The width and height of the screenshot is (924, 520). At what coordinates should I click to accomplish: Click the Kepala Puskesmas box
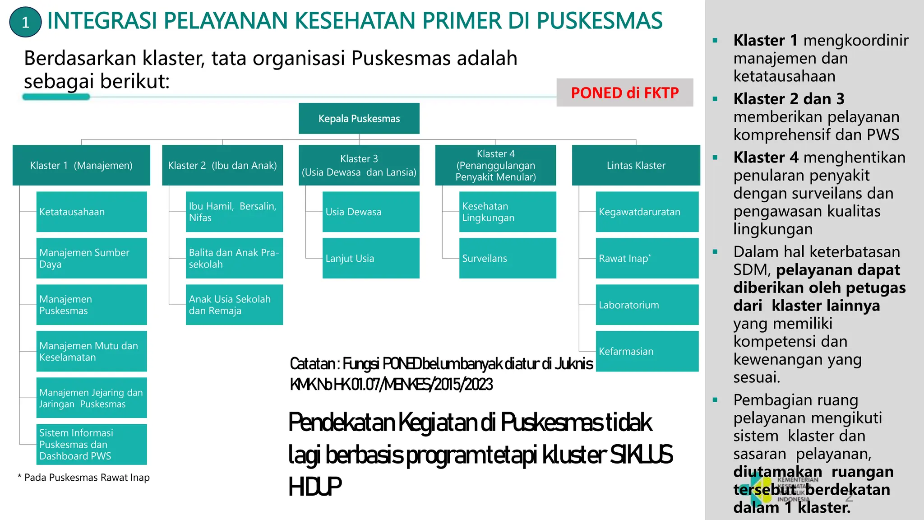(359, 118)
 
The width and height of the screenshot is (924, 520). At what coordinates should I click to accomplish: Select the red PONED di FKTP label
(624, 93)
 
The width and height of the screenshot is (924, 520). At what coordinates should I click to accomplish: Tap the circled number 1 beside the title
(25, 22)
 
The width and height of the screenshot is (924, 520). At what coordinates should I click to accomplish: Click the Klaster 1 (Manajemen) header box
(81, 165)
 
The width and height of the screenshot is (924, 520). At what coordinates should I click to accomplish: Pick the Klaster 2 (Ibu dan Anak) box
(222, 165)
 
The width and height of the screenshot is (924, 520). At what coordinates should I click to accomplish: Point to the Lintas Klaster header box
(636, 165)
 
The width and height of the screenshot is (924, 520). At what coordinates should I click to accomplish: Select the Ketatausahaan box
(91, 212)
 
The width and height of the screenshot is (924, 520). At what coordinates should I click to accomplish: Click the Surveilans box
(507, 258)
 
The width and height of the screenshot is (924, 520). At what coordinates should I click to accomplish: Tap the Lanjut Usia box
(370, 258)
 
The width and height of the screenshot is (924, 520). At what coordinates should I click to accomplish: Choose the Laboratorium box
(647, 305)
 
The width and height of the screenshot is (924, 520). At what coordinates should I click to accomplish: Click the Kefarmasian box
(647, 351)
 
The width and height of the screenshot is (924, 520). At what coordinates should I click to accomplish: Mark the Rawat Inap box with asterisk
(647, 258)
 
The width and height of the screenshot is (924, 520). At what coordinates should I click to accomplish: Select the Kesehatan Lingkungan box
(507, 212)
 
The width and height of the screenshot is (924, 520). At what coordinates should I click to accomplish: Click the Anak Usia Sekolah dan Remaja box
(234, 305)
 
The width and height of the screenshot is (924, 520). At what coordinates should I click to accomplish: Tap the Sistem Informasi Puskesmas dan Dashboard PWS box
(91, 444)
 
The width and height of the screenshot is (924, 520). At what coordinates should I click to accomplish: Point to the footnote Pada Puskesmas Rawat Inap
(83, 478)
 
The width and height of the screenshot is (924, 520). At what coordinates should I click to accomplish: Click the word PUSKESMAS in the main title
(599, 21)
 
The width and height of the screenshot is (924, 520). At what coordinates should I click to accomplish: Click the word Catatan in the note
(312, 363)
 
